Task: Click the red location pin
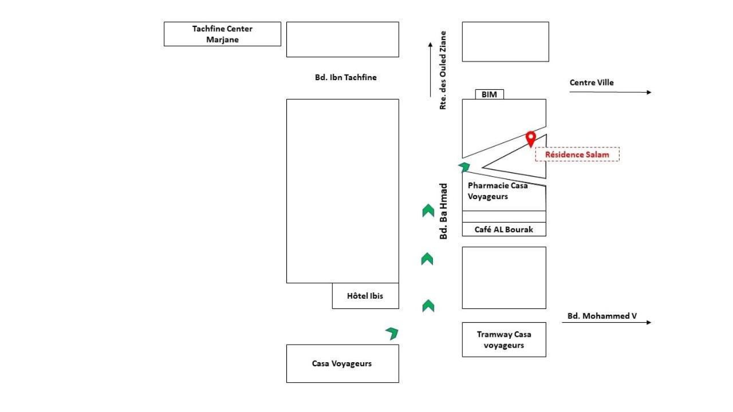point(531,139)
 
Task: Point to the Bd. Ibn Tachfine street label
point(345,77)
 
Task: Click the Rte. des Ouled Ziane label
point(443,70)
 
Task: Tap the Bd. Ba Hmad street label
point(443,211)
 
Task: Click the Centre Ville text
point(592,82)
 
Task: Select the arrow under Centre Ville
point(610,92)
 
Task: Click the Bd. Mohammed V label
point(602,316)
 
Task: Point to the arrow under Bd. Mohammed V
point(606,322)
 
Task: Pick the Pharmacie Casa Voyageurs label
point(498,191)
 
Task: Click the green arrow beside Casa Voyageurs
point(392,333)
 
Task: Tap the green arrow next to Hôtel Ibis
point(428,306)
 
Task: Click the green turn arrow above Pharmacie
point(464,167)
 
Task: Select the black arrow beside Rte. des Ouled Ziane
point(430,70)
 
